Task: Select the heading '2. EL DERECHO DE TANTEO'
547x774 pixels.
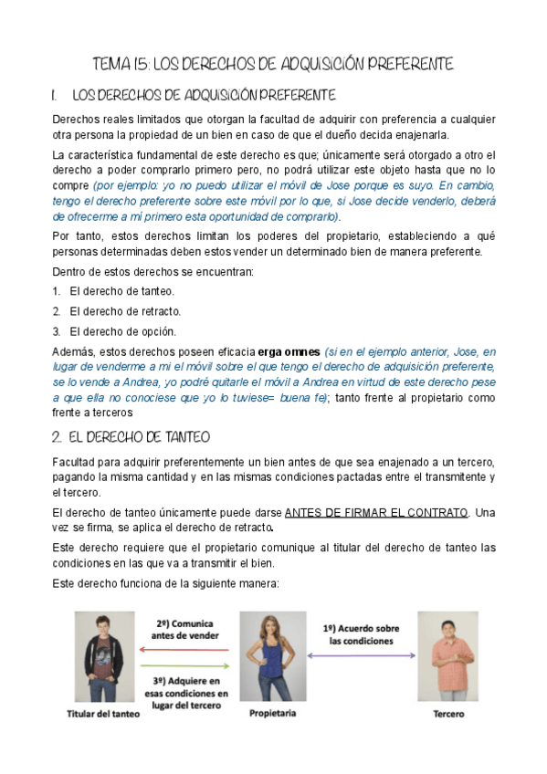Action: [x=131, y=436]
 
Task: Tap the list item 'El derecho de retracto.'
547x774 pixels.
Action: [x=124, y=311]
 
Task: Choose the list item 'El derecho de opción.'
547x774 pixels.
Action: [x=122, y=331]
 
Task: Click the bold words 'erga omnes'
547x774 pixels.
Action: [x=289, y=351]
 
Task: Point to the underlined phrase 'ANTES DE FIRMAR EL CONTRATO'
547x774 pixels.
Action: [x=375, y=512]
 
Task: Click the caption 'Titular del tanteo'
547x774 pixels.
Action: [x=103, y=715]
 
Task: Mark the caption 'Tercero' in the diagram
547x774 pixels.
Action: [x=447, y=714]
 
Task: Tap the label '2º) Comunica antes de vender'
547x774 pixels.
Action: [x=185, y=629]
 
